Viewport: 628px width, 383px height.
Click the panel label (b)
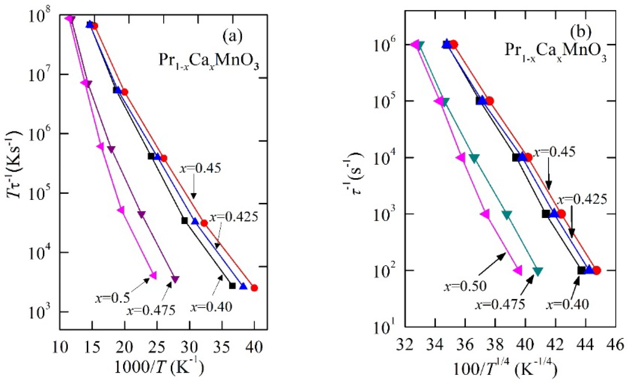tap(580, 33)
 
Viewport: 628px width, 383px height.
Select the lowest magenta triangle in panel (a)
tap(153, 275)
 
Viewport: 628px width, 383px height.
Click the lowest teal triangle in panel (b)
tap(538, 271)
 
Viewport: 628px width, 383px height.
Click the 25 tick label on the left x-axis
tap(157, 347)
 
